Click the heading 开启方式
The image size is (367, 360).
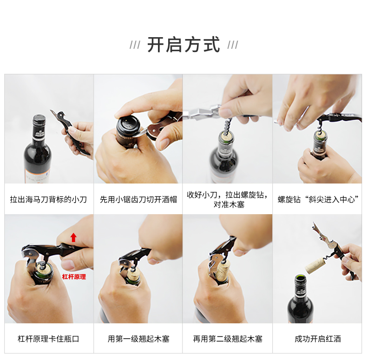184,45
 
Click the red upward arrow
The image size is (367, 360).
73,237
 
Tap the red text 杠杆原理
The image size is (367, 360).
74,277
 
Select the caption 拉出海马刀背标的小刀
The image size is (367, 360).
48,199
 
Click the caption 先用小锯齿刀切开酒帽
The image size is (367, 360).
138,199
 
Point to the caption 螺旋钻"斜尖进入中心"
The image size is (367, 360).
318,199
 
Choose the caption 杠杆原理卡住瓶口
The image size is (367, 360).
48,339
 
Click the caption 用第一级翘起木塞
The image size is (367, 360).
138,339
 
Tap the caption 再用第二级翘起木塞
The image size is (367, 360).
228,339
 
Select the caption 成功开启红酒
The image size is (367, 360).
318,339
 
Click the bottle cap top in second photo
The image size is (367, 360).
127,124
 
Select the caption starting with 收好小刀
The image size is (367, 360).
228,199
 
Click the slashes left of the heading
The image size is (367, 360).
135,45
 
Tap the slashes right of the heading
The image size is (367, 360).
233,45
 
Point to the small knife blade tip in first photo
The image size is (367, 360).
50,110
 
